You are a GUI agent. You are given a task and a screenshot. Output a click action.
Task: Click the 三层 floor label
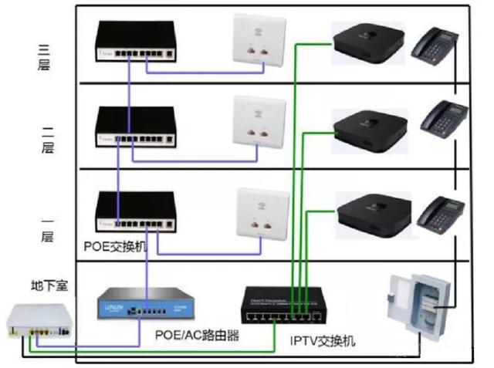click(x=44, y=59)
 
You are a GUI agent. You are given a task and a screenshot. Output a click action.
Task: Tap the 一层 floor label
click(x=44, y=228)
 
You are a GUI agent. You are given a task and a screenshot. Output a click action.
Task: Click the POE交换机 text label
click(x=117, y=246)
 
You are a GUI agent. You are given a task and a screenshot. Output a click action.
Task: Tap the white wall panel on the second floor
click(x=255, y=121)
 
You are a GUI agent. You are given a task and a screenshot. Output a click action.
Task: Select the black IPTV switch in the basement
click(x=282, y=306)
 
